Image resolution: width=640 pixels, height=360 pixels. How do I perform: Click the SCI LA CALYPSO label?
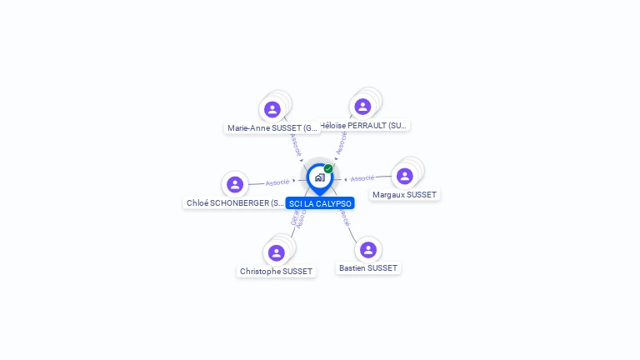point(320,203)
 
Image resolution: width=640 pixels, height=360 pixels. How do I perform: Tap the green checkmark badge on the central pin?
point(328,169)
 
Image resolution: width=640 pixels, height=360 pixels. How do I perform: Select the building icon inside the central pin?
point(319,177)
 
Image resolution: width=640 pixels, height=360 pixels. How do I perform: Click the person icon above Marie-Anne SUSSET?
point(272,109)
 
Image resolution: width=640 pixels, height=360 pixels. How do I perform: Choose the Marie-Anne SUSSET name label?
point(272,128)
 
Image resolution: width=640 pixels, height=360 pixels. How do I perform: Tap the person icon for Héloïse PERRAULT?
point(362,107)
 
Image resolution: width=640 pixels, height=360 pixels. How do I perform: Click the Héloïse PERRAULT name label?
point(365,125)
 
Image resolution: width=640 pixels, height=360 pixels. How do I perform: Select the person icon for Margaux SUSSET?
point(405,176)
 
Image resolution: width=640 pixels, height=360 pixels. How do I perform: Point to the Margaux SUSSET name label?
point(404,194)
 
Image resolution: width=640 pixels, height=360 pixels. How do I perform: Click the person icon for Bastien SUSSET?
point(368,249)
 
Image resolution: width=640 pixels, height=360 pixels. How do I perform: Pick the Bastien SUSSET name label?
point(368,267)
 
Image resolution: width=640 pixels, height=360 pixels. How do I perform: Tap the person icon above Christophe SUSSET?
point(277,252)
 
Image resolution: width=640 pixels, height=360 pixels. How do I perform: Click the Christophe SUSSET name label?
point(276,271)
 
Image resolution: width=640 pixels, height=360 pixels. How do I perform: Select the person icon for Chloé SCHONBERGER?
point(235,184)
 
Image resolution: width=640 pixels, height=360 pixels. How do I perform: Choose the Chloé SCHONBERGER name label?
point(236,202)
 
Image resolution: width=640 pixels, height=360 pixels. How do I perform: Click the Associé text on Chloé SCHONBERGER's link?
point(277,182)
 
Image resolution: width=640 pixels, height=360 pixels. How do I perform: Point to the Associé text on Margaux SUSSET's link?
point(362,178)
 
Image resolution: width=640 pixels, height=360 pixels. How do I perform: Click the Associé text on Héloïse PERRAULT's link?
point(341,142)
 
